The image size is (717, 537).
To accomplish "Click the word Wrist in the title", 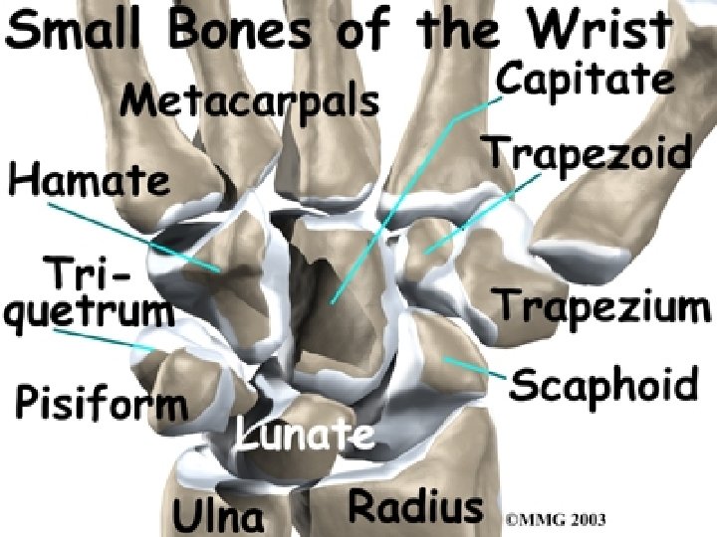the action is point(609,33).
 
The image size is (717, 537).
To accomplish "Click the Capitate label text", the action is point(584,80).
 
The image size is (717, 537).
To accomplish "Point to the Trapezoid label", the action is point(587,154).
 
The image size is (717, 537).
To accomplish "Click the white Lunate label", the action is point(305,435).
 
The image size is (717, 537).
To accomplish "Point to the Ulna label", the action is point(219,515).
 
